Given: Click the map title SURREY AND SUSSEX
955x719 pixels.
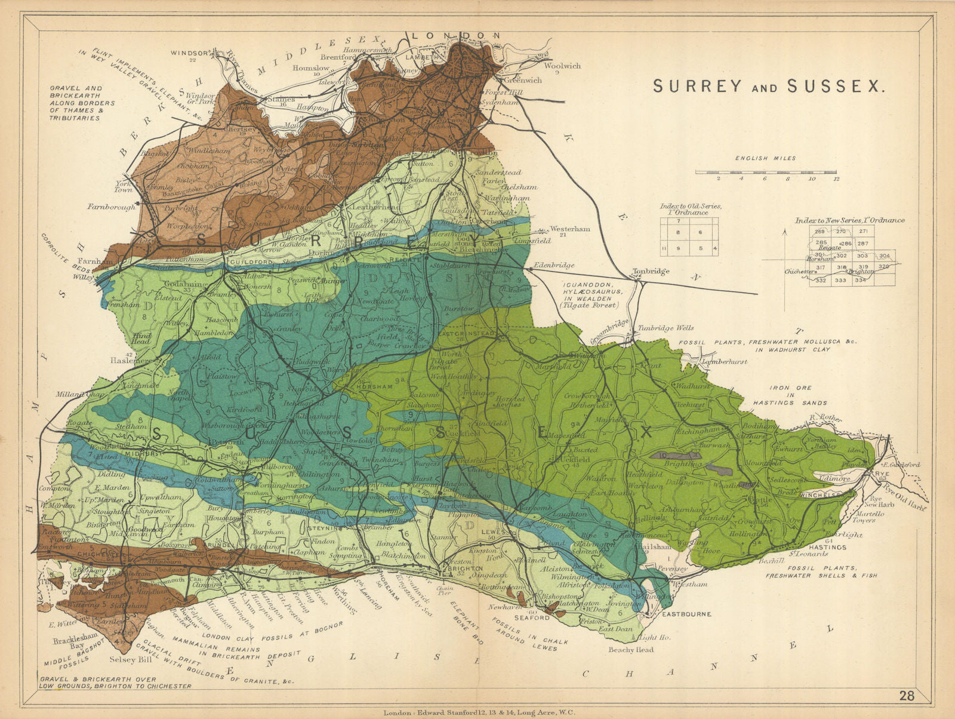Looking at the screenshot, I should coord(768,86).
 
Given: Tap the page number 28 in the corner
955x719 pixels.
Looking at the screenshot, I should coord(907,696).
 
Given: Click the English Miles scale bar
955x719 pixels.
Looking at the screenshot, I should coord(766,172).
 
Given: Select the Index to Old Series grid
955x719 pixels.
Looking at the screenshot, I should coord(689,237).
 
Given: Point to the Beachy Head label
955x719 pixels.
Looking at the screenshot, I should coord(630,650).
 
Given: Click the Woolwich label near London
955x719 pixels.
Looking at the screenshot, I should coord(562,66).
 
